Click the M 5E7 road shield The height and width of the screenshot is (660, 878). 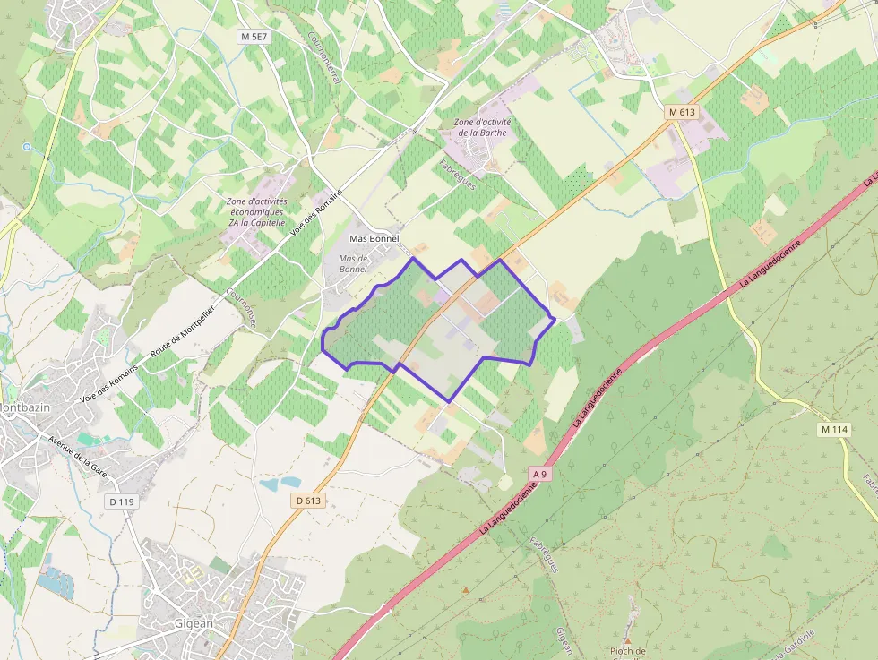tap(254, 37)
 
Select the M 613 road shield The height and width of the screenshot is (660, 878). tap(683, 112)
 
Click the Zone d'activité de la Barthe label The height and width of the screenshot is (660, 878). tap(482, 127)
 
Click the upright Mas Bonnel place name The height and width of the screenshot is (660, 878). tap(374, 239)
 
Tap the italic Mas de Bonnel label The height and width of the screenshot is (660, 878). tap(353, 263)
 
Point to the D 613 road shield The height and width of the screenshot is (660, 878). tap(307, 501)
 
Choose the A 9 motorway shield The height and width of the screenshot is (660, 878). tap(538, 473)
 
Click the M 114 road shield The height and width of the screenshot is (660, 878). tap(833, 430)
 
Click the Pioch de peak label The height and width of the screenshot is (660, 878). tap(633, 651)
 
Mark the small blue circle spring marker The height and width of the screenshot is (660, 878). tap(27, 146)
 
